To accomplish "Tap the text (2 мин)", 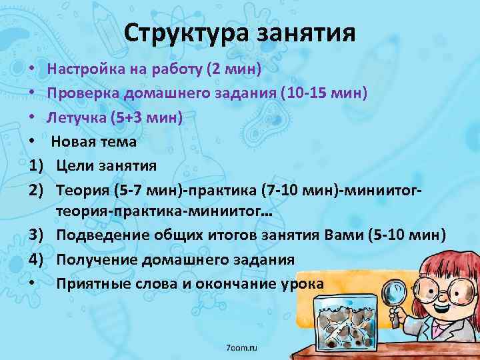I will pos(235,69).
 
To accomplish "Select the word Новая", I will pos(72,141).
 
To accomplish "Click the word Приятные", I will pos(91,283).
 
